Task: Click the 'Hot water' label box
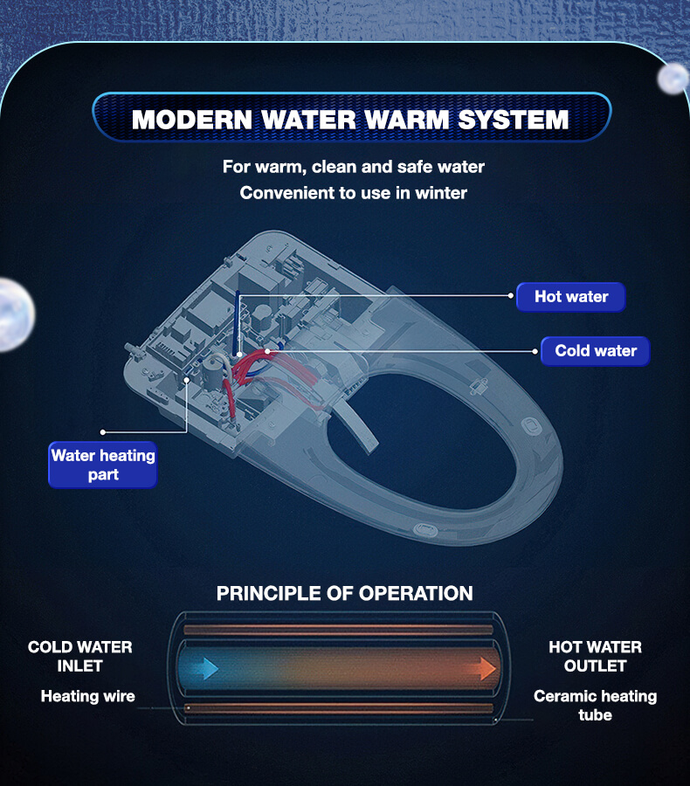coord(571,297)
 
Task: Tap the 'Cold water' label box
coord(595,351)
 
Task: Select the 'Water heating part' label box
coord(103,465)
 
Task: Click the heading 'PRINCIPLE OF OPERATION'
coord(344,594)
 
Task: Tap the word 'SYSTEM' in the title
coord(514,120)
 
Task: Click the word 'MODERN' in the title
coord(192,120)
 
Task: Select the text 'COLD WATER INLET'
coord(80,656)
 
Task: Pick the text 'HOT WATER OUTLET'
coord(595,656)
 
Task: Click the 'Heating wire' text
coord(87,696)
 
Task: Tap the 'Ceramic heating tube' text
coord(595,705)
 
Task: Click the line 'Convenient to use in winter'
coord(354,193)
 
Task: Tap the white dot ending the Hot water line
coord(510,296)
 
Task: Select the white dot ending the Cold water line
coord(535,351)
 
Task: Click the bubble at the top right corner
coord(673,79)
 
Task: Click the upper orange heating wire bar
coord(339,630)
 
